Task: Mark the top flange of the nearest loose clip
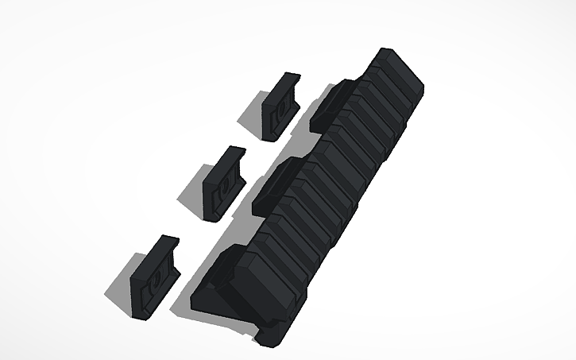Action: coord(166,243)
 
